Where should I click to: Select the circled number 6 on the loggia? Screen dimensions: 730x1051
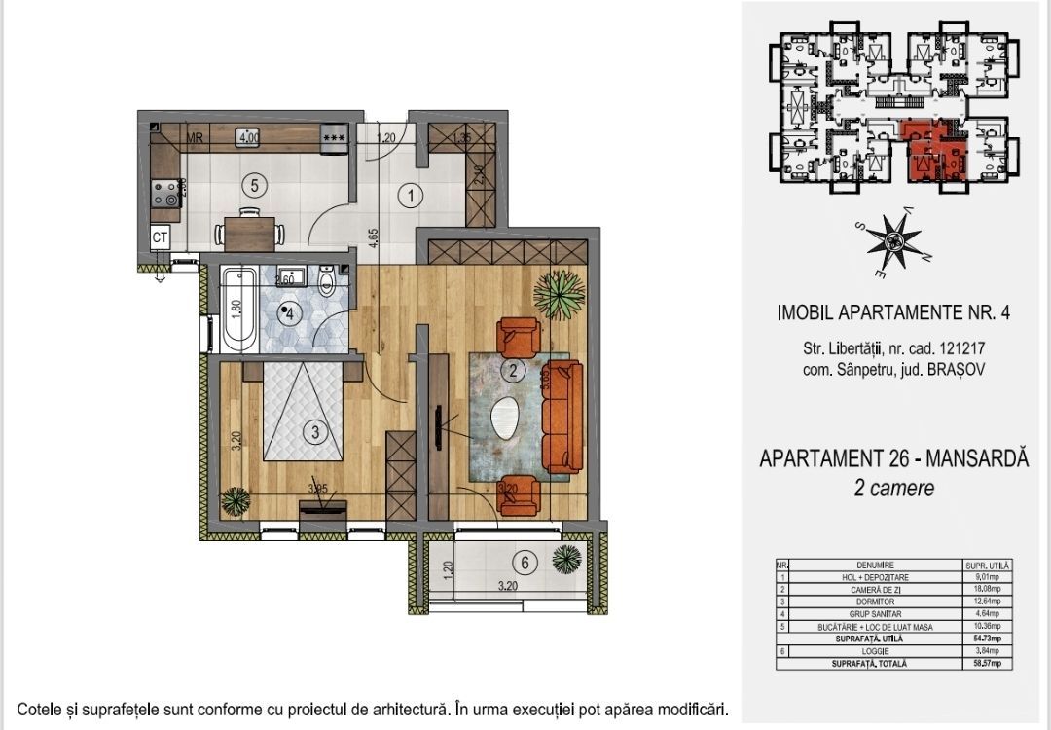(525, 562)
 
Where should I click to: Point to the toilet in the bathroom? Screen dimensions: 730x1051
(328, 283)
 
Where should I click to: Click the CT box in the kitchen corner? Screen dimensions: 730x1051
(160, 237)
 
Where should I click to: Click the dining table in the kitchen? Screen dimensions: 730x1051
(251, 233)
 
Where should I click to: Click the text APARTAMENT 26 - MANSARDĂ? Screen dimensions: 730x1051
(893, 458)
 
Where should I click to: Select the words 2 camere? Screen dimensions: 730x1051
(893, 489)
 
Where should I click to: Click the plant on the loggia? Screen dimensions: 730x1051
(565, 559)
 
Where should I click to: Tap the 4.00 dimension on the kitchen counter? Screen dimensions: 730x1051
(248, 138)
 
